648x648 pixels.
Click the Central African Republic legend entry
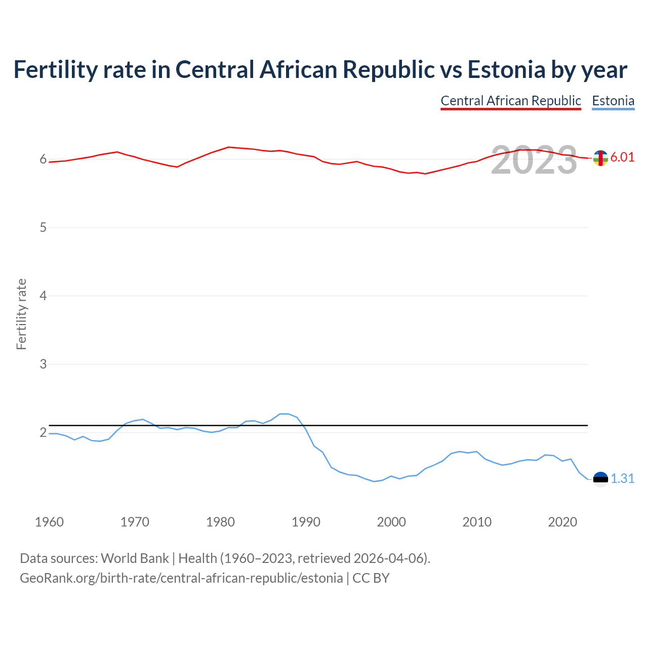click(511, 101)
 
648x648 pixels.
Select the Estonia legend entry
click(613, 101)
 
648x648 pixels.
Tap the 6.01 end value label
click(622, 157)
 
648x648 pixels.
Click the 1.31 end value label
click(622, 478)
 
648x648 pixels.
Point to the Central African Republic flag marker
click(600, 158)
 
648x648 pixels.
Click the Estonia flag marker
click(600, 479)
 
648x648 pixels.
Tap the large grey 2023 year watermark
click(534, 160)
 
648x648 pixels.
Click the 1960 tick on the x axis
click(49, 522)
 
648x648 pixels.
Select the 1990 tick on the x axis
click(306, 522)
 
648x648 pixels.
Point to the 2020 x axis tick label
click(562, 522)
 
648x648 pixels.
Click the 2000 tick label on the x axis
click(391, 522)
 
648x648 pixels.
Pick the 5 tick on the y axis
click(43, 227)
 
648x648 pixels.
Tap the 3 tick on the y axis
click(43, 364)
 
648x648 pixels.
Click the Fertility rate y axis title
click(21, 314)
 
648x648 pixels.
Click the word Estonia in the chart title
click(506, 69)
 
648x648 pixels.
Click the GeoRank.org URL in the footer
click(181, 578)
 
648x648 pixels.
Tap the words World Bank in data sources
click(135, 558)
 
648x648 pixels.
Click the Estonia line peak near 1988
click(284, 414)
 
